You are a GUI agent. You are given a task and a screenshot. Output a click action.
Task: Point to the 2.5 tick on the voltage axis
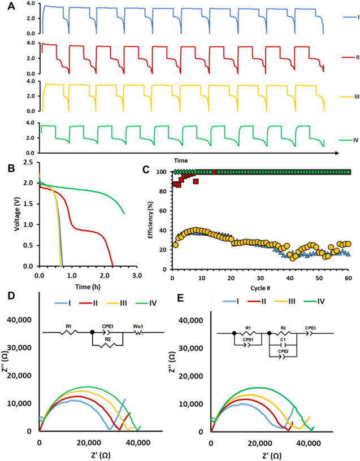(x=27, y=162)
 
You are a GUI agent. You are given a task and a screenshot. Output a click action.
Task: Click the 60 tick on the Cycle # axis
(x=349, y=279)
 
